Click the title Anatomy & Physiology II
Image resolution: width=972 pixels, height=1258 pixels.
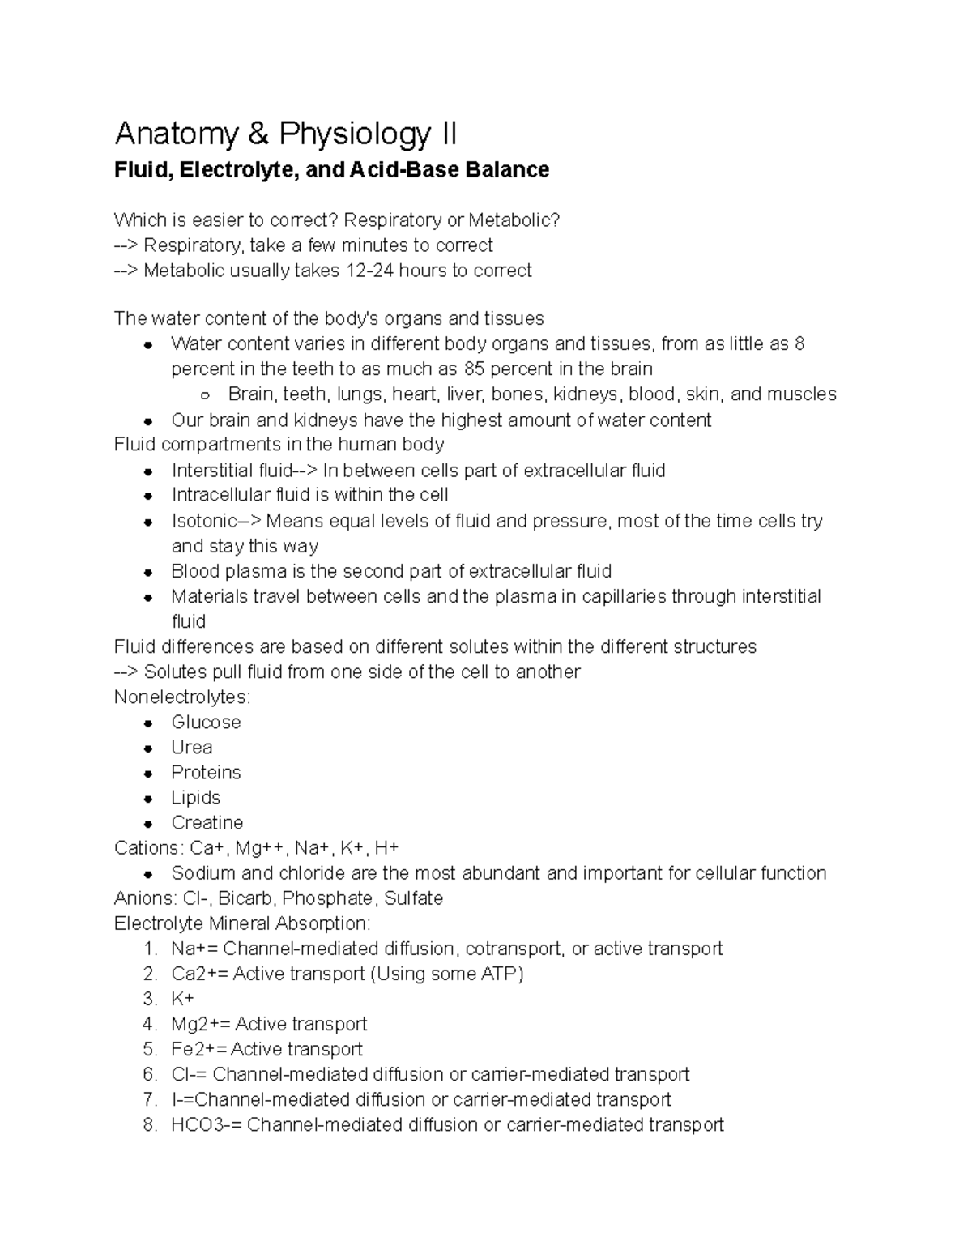(x=286, y=134)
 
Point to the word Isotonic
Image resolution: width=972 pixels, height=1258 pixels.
(x=204, y=521)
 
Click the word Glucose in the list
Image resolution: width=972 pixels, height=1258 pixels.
(x=206, y=723)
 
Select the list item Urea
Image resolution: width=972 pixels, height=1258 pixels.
(x=192, y=748)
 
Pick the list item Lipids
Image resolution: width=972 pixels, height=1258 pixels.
(x=196, y=798)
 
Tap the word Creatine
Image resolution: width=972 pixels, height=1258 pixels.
(x=207, y=823)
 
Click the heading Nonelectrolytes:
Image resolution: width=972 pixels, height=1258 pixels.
(x=182, y=697)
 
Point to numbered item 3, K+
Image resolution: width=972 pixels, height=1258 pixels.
(x=182, y=999)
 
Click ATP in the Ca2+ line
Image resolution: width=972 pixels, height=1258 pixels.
(x=499, y=974)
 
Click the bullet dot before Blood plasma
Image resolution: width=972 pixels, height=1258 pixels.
(x=148, y=572)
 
